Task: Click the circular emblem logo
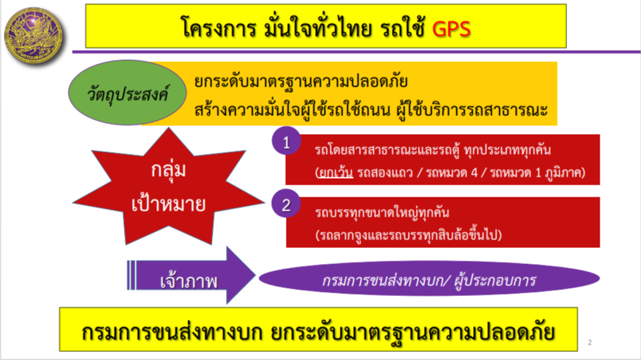(35, 35)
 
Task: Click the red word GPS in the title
(451, 29)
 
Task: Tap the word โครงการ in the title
(219, 29)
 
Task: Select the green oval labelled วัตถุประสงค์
(127, 93)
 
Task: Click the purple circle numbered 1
(286, 141)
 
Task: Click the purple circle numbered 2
(286, 204)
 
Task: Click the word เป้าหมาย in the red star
(169, 203)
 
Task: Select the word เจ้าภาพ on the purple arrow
(189, 281)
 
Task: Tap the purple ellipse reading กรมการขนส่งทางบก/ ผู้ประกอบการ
(429, 279)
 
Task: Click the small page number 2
(590, 342)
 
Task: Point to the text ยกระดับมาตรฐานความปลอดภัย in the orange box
(301, 81)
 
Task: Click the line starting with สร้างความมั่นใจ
(370, 109)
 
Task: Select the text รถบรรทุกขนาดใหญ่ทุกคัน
(382, 212)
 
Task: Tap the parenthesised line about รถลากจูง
(408, 235)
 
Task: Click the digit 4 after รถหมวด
(474, 172)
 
